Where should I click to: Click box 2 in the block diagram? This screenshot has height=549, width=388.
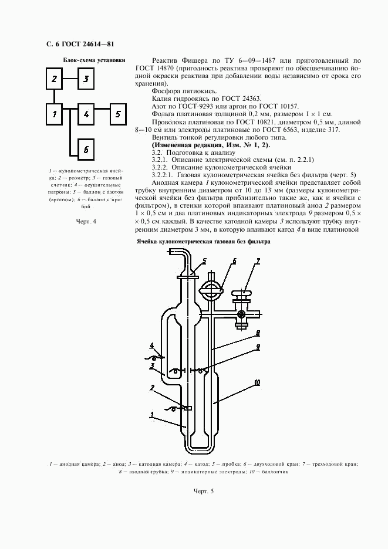pos(55,79)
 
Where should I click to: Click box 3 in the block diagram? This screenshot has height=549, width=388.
pos(86,79)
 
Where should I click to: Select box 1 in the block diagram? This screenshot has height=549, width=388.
pos(55,114)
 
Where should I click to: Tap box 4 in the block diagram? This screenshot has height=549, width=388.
pos(86,114)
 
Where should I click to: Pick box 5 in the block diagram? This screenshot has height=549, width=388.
pos(118,114)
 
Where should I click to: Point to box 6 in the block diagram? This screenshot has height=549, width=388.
pos(86,150)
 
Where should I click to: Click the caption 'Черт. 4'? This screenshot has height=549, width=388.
pos(86,221)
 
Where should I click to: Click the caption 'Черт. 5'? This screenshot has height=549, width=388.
pos(204,491)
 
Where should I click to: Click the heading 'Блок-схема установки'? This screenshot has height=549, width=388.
pos(94,60)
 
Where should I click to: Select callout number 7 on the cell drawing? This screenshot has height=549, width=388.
pos(258,260)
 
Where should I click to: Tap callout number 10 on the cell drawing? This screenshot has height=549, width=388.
pos(257,382)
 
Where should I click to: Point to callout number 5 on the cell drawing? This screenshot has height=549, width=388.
pos(204,260)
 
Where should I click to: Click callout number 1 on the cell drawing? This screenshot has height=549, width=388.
pos(152,415)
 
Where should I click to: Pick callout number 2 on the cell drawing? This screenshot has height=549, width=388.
pos(152,388)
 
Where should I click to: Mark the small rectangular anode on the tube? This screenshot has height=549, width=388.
pos(188,408)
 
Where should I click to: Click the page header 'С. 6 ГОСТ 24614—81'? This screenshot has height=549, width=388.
pos(80,44)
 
